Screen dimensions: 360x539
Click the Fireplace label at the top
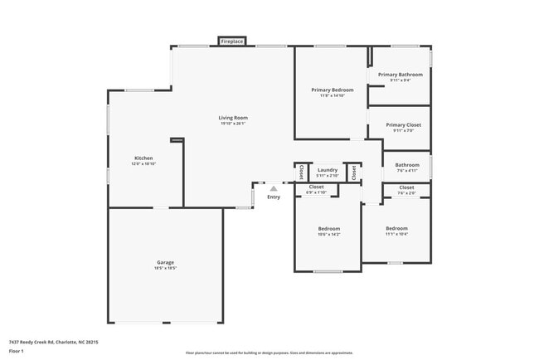[x=232, y=41]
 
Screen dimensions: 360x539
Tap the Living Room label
[x=233, y=118]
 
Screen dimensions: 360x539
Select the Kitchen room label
[x=143, y=158]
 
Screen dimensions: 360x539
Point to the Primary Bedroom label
[x=332, y=90]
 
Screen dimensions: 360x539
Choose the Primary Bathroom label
[x=400, y=75]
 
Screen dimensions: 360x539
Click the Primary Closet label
[x=404, y=125]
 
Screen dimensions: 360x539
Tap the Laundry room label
[x=328, y=170]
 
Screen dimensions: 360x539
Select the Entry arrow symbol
[x=273, y=189]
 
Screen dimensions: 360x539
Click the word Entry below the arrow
[x=273, y=197]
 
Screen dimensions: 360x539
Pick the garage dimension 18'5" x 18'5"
[x=165, y=268]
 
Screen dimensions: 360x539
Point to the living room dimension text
[x=233, y=124]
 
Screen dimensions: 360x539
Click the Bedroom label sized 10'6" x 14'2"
[x=328, y=228]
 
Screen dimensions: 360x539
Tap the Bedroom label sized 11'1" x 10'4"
[x=396, y=228]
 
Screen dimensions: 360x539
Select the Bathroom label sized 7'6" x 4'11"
[x=406, y=164]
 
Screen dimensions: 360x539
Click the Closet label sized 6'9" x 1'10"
[x=316, y=187]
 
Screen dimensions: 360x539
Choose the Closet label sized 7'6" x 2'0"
[x=406, y=187]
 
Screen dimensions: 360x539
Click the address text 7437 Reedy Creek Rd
[x=53, y=341]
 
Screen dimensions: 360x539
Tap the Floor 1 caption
[x=17, y=351]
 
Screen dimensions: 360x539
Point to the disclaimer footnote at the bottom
[x=269, y=353]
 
